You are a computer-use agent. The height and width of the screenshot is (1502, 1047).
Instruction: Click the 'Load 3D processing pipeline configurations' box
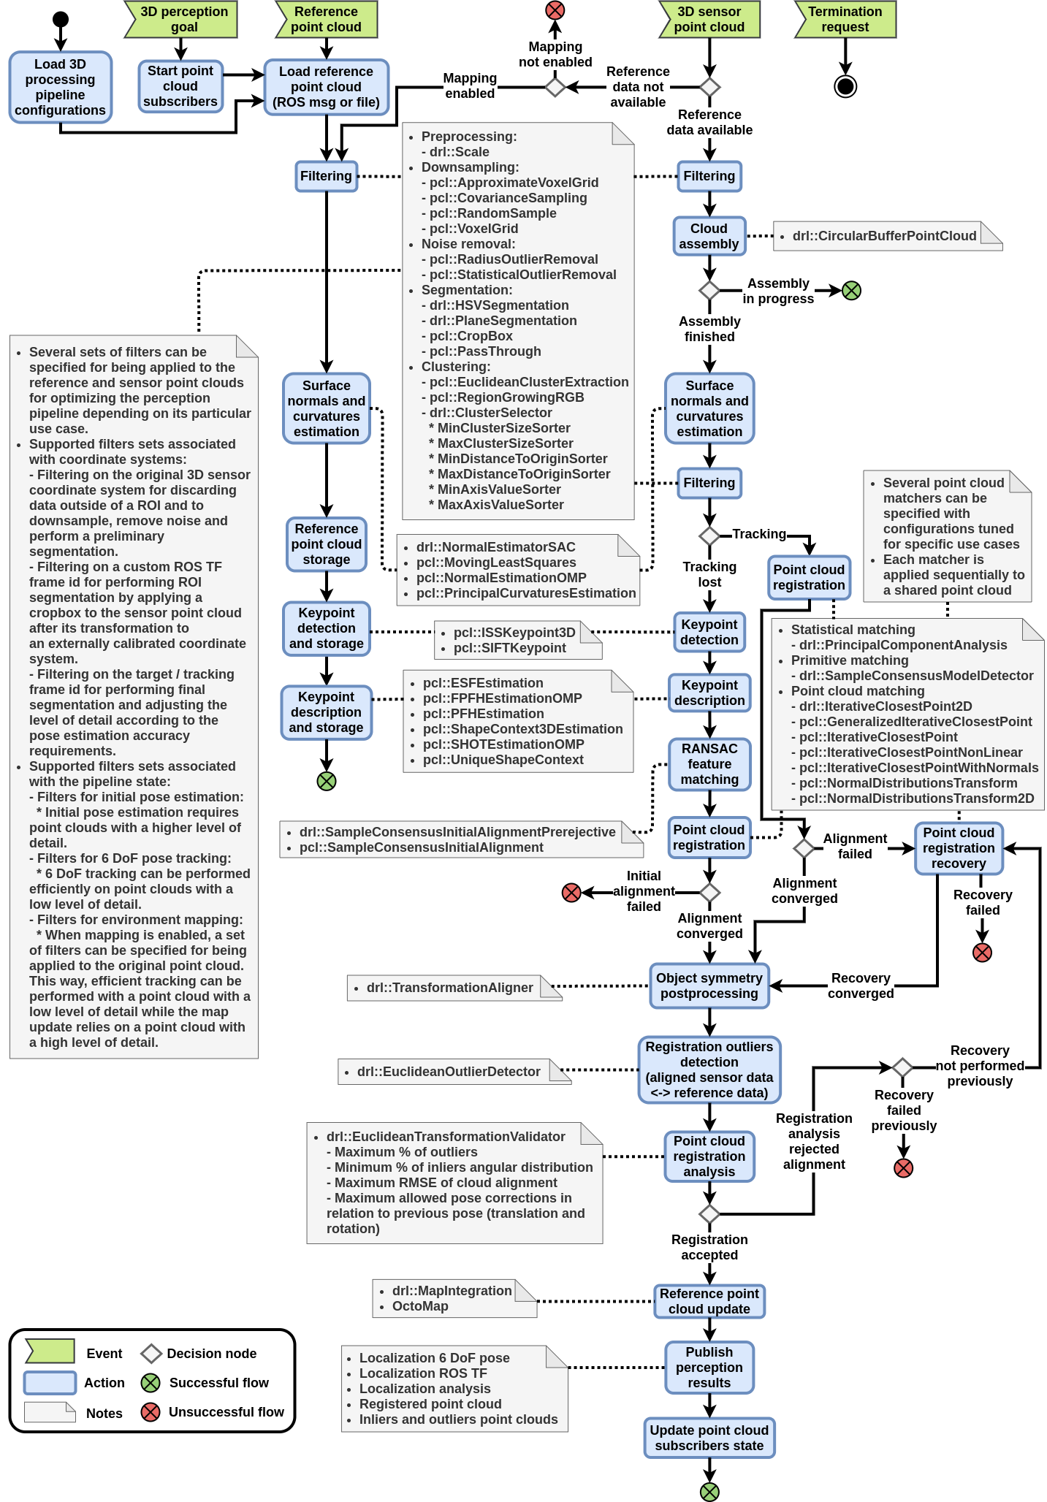click(x=61, y=87)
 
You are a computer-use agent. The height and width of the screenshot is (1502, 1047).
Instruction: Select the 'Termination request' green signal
click(x=845, y=20)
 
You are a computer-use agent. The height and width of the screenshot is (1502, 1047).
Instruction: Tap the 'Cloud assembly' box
click(x=709, y=236)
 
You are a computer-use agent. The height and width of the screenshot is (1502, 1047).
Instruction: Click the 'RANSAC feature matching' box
click(x=709, y=764)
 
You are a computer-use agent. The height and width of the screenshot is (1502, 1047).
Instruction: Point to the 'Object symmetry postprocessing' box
click(x=709, y=986)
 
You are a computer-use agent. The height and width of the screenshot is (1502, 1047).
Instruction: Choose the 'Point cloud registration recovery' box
click(x=959, y=848)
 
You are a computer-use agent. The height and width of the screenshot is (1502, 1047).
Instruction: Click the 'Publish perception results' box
click(x=709, y=1367)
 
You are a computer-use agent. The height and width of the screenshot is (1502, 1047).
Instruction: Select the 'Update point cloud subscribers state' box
click(x=709, y=1438)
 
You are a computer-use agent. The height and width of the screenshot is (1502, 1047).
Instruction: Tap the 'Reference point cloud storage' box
click(x=327, y=544)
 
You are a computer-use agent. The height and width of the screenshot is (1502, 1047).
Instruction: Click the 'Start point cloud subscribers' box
click(x=180, y=86)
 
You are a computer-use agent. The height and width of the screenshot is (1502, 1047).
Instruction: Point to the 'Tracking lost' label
click(x=709, y=574)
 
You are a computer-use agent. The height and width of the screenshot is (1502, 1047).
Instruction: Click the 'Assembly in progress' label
click(x=778, y=291)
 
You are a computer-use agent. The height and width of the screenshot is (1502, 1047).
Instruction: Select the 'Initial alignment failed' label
click(x=644, y=891)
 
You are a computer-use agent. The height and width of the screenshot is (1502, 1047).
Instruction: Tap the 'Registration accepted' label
click(x=709, y=1247)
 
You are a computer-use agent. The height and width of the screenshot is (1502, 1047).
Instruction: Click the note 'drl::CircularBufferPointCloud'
click(x=885, y=236)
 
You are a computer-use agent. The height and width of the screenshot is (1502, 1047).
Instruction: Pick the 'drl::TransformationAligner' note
click(x=450, y=988)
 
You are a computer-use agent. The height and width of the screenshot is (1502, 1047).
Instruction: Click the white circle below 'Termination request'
click(x=845, y=87)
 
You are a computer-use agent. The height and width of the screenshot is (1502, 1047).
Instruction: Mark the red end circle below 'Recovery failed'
click(x=982, y=953)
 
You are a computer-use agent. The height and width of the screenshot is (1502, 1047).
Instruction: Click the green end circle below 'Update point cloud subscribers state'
click(x=709, y=1492)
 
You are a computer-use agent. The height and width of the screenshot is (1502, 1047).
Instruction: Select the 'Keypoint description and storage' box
click(x=327, y=712)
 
